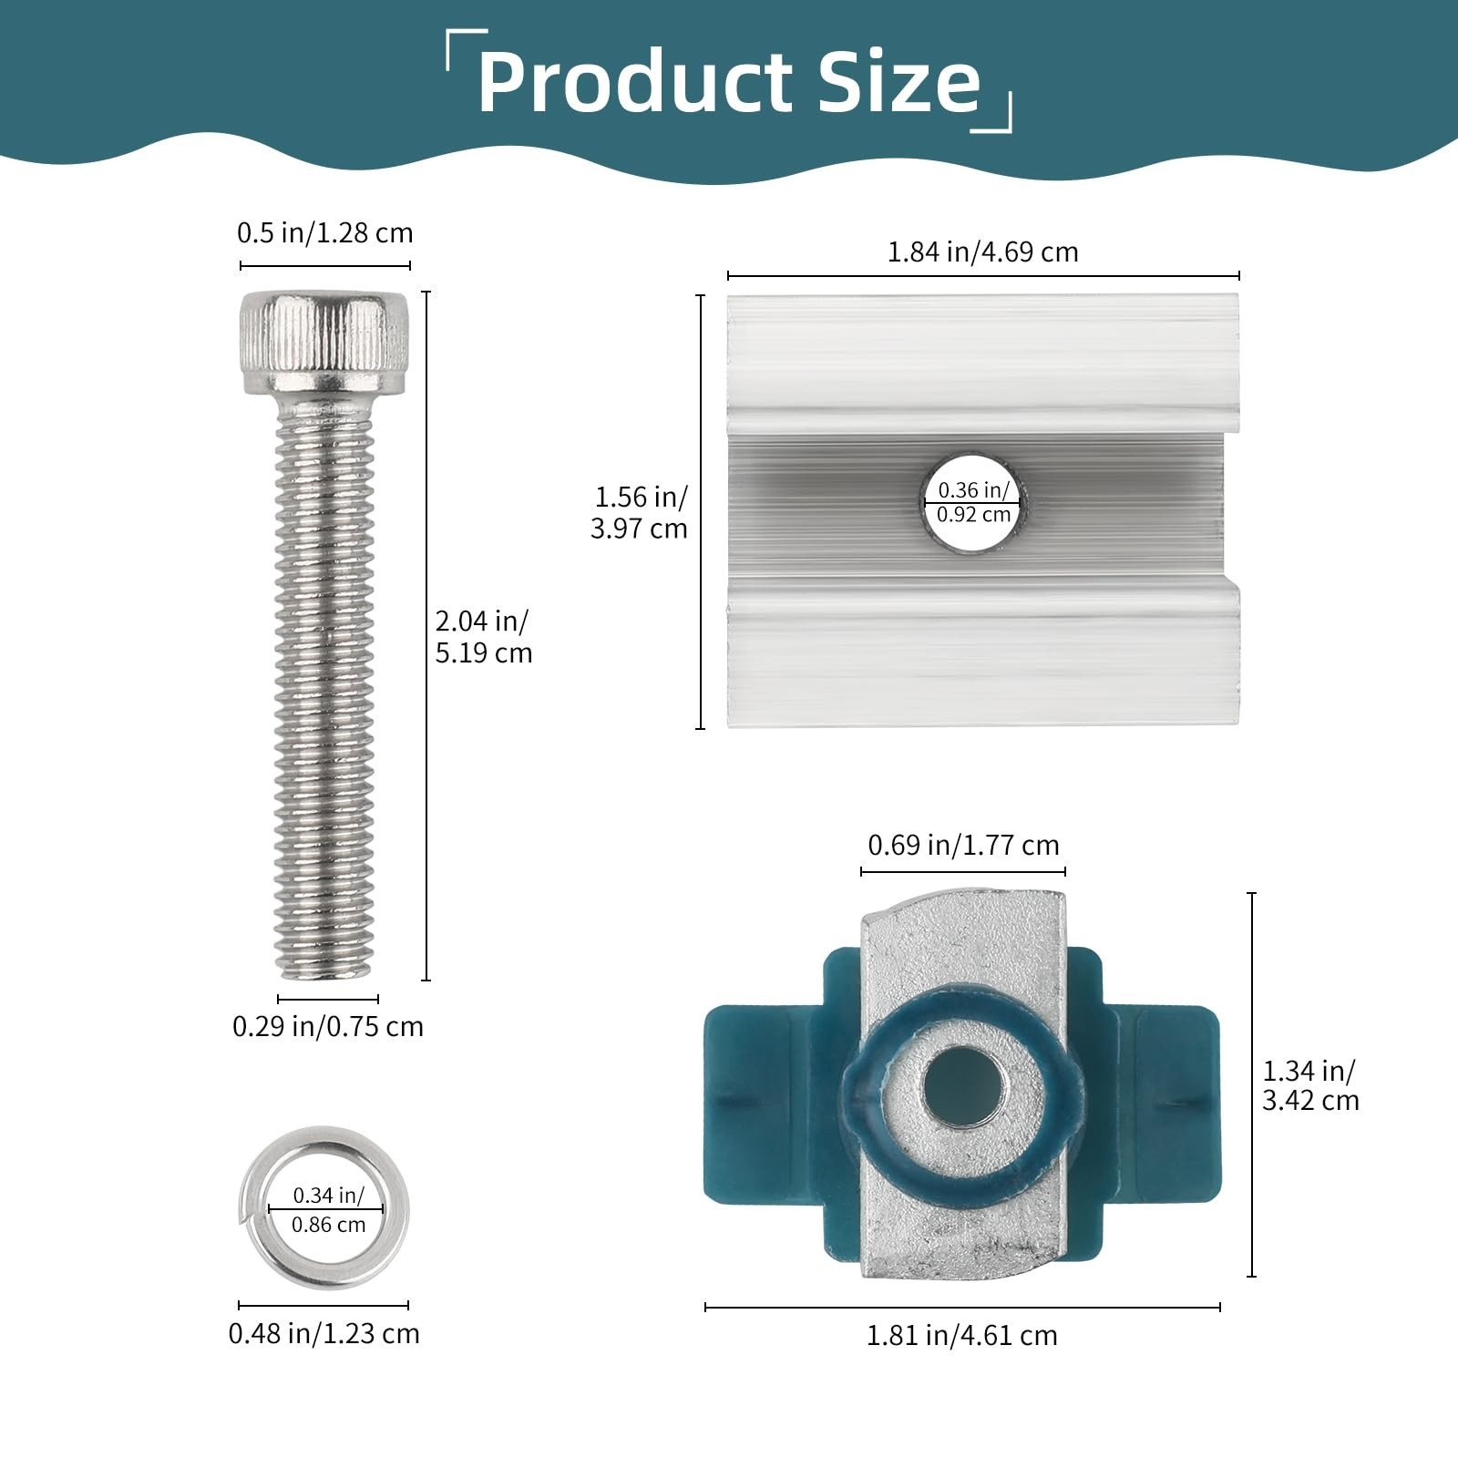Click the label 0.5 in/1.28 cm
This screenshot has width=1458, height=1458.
[x=324, y=233]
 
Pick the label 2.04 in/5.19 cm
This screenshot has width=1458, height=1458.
[x=483, y=637]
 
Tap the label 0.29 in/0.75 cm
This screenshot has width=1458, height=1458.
[x=328, y=1027]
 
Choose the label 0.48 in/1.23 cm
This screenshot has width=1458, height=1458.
[x=324, y=1334]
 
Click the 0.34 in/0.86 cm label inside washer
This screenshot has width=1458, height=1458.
[x=328, y=1209]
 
